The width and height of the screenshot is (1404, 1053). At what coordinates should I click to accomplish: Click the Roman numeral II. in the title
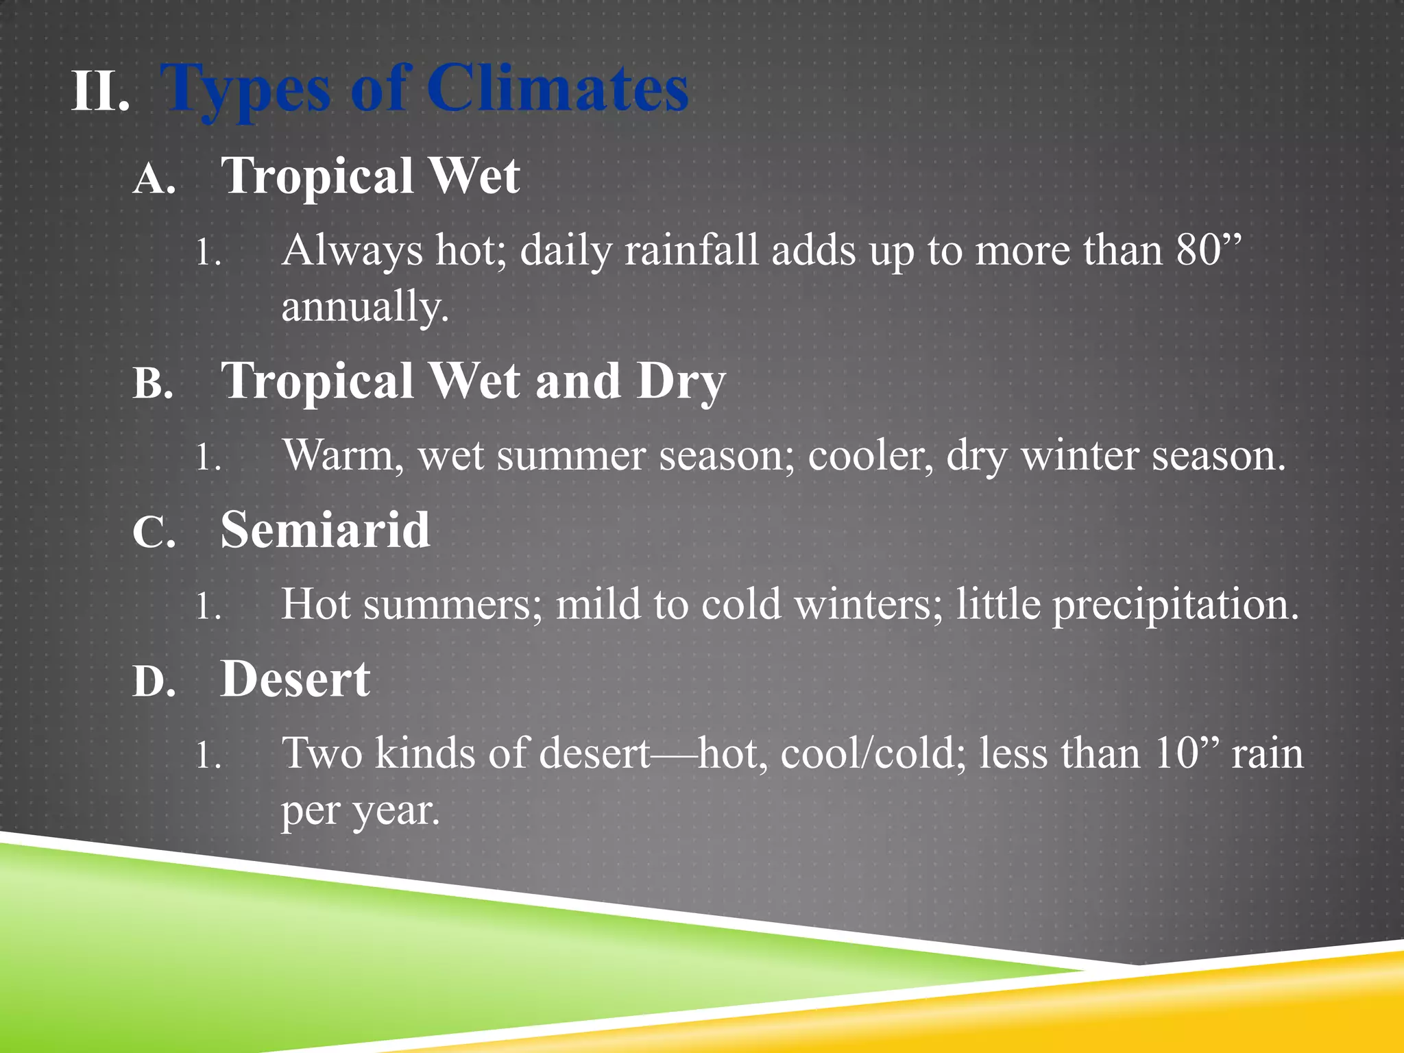100,92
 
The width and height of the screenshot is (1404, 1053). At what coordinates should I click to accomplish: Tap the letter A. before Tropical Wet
154,180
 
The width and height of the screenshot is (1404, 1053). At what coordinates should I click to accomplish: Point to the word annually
365,306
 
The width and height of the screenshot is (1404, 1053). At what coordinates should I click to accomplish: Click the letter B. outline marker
153,384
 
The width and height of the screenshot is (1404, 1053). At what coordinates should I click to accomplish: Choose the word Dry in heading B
680,383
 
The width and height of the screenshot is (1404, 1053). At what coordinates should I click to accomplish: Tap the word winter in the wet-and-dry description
1079,455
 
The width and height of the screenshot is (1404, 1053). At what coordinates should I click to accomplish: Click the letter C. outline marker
154,533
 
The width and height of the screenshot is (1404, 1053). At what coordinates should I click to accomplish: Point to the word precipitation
1175,605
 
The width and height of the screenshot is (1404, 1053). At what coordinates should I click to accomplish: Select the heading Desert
295,679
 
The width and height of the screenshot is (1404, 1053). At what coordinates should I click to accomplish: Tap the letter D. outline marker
154,682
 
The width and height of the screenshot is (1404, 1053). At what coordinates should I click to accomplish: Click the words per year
359,811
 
